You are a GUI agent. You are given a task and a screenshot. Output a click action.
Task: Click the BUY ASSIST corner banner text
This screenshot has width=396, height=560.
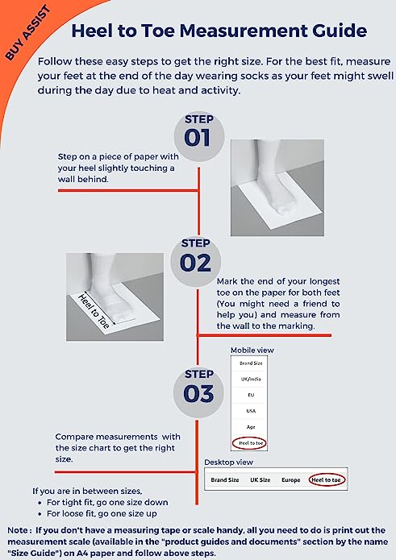[x=28, y=33]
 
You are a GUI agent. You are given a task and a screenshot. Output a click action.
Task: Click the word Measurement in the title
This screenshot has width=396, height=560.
[x=244, y=31]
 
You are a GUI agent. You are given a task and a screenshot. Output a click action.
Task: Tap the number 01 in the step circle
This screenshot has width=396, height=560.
[x=197, y=138]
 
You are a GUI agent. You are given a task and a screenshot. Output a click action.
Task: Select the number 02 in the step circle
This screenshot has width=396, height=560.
[x=195, y=263]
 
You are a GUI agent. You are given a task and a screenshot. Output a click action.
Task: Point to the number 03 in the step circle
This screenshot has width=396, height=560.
[x=198, y=393]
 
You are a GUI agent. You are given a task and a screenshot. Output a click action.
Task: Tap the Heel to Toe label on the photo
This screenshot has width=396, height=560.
[x=94, y=311]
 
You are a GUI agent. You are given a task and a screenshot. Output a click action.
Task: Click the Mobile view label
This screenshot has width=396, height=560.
[x=252, y=350]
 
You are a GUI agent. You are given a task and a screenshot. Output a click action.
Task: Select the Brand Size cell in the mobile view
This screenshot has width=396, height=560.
[x=251, y=363]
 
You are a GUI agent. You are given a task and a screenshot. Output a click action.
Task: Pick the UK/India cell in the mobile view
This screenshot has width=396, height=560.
[x=251, y=379]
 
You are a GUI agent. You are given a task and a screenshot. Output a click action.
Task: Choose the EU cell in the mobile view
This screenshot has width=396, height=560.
[x=251, y=395]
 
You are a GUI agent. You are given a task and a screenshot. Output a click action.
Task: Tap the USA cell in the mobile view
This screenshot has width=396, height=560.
[x=251, y=411]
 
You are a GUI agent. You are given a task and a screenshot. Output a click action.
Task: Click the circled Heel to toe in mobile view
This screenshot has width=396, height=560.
[x=249, y=443]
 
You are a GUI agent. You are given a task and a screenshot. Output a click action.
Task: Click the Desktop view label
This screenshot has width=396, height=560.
[x=228, y=463]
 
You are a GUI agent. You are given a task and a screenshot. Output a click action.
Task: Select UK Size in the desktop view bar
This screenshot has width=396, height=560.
[x=261, y=480]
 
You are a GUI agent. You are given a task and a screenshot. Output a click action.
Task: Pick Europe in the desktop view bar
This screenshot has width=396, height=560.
[x=290, y=480]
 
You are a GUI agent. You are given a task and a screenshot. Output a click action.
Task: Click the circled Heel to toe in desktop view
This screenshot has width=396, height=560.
[x=327, y=479]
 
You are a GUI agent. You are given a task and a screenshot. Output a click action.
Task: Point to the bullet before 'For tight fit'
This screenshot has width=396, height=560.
[x=40, y=503]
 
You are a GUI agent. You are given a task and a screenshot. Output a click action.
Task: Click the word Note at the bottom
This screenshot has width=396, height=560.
[x=18, y=530]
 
